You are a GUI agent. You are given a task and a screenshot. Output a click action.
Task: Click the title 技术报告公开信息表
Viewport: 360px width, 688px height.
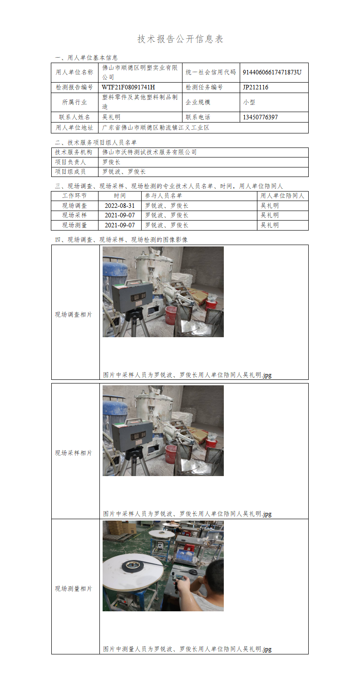coord(180,39)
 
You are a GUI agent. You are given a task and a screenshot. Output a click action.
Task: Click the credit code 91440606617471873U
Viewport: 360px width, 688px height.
coord(272,72)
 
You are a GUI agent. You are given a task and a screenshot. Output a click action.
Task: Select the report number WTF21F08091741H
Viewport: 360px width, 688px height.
coord(128,87)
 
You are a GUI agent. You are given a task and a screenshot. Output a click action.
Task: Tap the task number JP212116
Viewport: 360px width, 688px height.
coord(256,87)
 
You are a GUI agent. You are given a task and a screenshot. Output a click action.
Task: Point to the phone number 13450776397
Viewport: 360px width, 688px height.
coord(260,117)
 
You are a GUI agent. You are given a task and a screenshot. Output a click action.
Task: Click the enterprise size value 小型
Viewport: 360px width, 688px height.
coord(249,102)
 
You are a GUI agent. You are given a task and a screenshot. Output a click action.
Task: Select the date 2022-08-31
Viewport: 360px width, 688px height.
coord(120,206)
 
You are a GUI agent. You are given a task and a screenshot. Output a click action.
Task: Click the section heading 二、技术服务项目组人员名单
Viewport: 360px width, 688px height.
coord(95,143)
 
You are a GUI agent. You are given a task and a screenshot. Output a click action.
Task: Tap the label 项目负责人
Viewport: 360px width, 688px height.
coord(70,162)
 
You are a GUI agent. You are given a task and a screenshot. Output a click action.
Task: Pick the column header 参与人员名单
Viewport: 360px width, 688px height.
coord(163,196)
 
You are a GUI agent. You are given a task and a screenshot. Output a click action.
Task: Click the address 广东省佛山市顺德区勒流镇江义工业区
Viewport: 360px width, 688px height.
coord(156,128)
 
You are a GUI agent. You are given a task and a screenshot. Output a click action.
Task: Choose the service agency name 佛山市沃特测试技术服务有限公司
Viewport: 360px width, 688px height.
coord(149,152)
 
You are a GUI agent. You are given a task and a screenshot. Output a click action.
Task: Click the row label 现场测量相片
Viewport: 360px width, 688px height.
coord(74,589)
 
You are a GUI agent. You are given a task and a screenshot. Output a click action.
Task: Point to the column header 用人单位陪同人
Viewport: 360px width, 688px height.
coord(282,196)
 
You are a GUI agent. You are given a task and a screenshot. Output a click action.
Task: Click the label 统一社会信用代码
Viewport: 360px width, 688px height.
coord(211,72)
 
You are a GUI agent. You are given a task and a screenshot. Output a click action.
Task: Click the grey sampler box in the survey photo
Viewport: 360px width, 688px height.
coord(132,297)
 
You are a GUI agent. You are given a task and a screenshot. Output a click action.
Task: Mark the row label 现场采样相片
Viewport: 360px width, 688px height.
coord(74,453)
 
